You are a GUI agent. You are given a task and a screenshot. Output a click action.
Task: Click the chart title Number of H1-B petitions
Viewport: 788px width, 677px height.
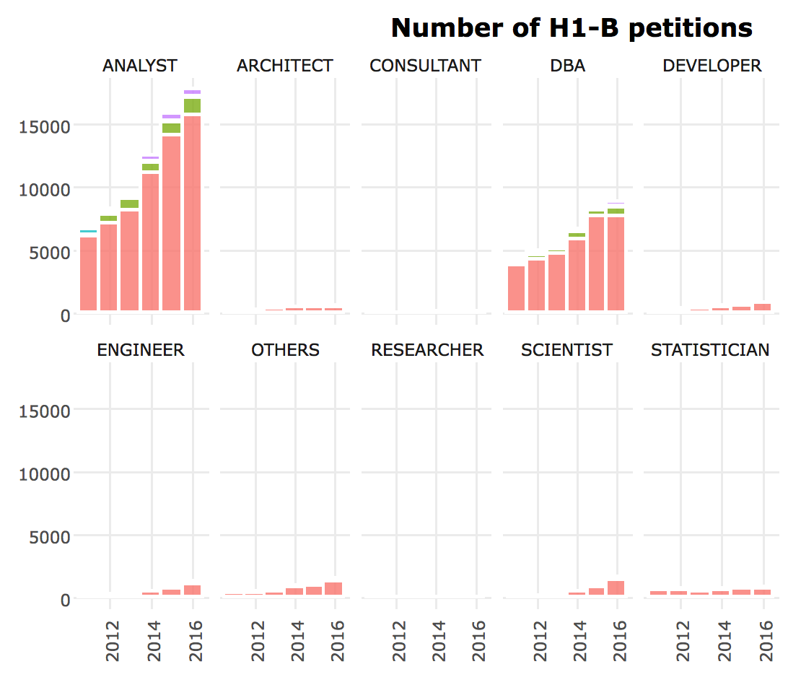click(x=572, y=28)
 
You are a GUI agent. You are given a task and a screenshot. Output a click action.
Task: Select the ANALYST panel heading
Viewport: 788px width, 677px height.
click(x=140, y=66)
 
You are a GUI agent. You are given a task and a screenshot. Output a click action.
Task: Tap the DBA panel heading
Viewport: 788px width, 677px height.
click(x=567, y=66)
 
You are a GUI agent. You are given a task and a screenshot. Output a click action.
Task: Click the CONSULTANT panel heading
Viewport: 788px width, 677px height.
click(x=425, y=66)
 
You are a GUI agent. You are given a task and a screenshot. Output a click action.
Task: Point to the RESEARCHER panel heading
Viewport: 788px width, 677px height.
click(x=427, y=350)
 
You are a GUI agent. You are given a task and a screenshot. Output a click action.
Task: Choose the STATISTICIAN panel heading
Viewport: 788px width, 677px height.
click(x=710, y=350)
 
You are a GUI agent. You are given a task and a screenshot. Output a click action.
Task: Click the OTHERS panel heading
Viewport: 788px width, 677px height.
click(x=286, y=350)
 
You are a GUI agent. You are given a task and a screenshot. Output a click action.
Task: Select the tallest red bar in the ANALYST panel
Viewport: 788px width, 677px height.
click(x=193, y=213)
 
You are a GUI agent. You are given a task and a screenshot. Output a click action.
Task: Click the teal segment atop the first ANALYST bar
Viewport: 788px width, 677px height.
click(x=89, y=231)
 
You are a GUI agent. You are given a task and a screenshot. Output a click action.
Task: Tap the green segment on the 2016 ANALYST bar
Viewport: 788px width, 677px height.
click(x=193, y=105)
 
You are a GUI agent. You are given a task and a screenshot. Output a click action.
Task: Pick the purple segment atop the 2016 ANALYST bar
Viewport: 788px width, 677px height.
click(x=193, y=92)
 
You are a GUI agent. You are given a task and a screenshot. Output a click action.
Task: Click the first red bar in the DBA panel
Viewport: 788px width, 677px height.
click(x=516, y=288)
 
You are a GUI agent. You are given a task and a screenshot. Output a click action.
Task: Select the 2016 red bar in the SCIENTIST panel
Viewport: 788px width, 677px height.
click(x=616, y=588)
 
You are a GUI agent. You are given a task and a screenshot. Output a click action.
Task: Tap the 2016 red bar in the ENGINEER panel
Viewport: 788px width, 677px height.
click(x=193, y=590)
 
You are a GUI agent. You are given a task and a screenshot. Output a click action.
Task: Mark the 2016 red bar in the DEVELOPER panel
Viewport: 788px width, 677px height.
click(x=762, y=307)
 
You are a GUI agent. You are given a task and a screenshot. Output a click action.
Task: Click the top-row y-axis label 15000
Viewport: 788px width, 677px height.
click(x=44, y=126)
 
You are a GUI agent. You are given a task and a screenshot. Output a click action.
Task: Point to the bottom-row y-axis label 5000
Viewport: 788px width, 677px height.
click(x=49, y=537)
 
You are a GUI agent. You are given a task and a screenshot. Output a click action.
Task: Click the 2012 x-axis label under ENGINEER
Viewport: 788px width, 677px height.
click(x=112, y=641)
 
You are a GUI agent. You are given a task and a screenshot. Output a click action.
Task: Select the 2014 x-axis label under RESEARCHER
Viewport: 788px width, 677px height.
click(x=439, y=641)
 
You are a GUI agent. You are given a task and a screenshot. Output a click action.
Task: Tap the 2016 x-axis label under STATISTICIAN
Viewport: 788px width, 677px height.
click(x=766, y=641)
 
